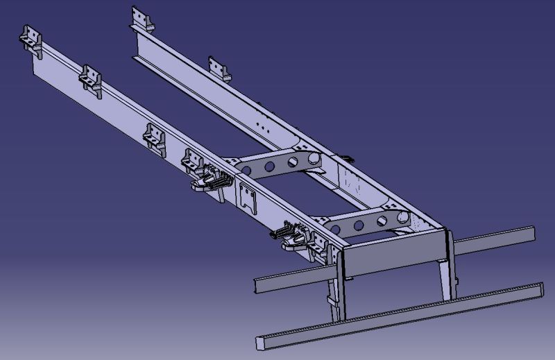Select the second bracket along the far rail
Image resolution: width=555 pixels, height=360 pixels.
click(x=219, y=68)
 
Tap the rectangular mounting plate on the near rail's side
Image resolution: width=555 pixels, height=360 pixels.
click(x=246, y=196)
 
